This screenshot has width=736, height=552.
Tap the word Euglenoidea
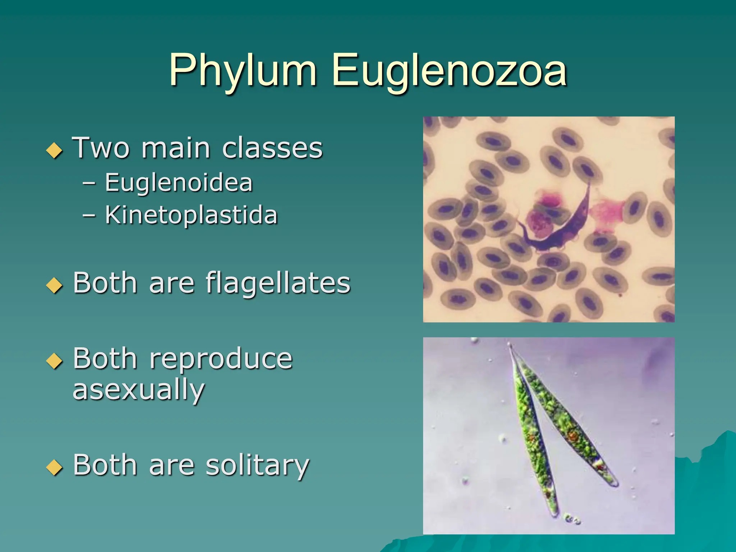(179, 183)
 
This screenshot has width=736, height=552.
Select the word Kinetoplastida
(191, 215)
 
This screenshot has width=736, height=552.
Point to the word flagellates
(278, 283)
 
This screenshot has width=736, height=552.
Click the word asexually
(139, 390)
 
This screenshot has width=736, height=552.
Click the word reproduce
(221, 359)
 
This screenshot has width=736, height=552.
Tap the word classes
(272, 148)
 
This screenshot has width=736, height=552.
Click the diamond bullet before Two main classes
(55, 150)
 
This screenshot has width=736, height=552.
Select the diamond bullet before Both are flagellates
(55, 285)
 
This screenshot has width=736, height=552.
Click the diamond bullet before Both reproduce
(55, 361)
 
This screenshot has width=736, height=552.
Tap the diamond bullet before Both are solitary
(55, 467)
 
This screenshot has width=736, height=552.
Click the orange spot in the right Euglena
(572, 437)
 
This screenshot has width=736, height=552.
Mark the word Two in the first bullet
(101, 148)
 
